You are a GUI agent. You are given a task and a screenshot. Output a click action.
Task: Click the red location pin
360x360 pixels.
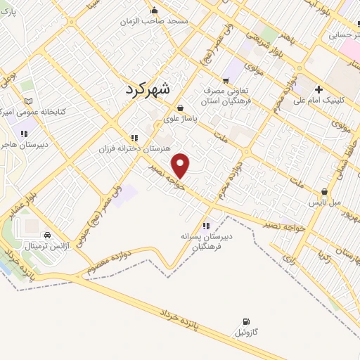click(181, 165)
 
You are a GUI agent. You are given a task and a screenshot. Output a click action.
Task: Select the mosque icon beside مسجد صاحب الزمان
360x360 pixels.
click(155, 10)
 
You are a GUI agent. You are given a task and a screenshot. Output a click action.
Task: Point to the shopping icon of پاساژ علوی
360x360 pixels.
click(181, 108)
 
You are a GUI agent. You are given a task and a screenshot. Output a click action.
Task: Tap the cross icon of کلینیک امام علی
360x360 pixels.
click(319, 89)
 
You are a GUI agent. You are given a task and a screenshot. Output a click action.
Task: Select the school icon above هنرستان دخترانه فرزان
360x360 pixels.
click(134, 138)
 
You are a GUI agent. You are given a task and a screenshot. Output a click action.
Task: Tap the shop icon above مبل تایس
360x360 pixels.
click(324, 191)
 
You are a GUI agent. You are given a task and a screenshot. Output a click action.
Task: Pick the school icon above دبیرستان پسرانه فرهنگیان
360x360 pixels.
click(206, 226)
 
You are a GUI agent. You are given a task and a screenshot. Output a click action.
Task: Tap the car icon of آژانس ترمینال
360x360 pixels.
click(47, 236)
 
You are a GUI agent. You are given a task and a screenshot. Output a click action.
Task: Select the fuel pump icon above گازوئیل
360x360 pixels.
click(245, 321)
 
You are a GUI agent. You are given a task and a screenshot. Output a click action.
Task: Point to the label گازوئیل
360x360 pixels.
click(245, 331)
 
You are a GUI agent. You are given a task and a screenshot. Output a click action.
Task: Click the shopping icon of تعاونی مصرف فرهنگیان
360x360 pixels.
click(225, 79)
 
